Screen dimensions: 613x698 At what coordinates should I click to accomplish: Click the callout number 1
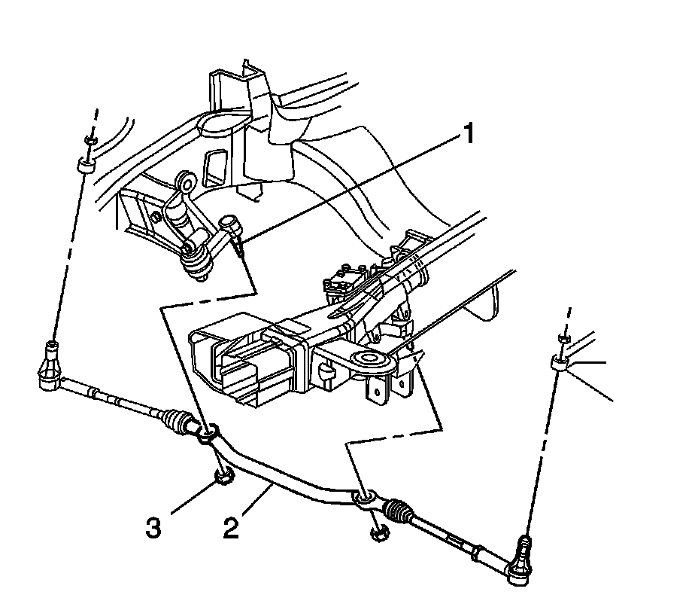click(x=469, y=136)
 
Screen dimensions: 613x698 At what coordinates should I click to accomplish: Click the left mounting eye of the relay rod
click(x=208, y=434)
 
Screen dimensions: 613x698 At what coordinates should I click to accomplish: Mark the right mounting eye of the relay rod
click(x=362, y=497)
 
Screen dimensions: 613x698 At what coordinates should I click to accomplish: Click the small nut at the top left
click(x=90, y=142)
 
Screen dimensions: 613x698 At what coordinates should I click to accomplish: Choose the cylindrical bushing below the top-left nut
click(x=83, y=165)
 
